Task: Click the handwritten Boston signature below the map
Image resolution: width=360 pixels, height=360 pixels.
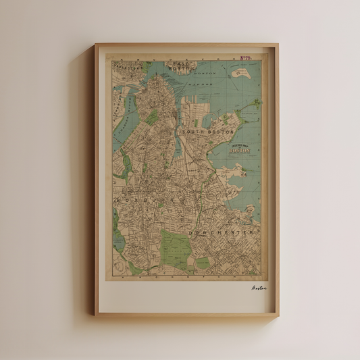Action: pyautogui.click(x=259, y=288)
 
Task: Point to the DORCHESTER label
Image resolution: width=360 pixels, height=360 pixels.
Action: pyautogui.click(x=221, y=232)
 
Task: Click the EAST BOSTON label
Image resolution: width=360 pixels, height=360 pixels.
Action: pyautogui.click(x=179, y=66)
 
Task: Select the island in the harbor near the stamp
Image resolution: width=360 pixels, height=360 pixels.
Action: pyautogui.click(x=240, y=74)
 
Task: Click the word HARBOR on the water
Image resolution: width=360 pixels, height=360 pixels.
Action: pyautogui.click(x=199, y=84)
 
